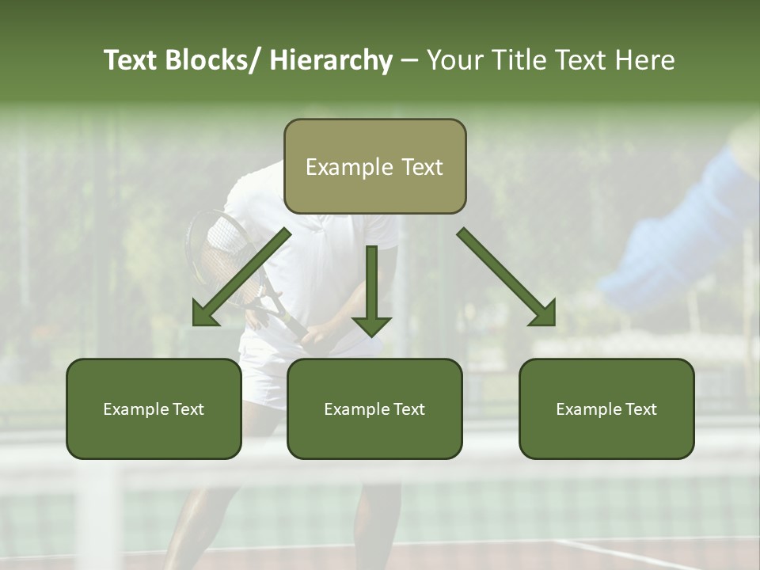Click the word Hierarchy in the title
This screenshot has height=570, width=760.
pos(331,60)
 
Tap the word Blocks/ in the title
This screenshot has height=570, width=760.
pos(213,60)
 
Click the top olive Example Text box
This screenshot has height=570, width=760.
pos(374,166)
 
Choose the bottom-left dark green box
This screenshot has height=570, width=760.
pos(154,408)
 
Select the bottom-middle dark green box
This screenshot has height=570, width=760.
pos(374,408)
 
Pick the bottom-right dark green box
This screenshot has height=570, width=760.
pos(606,408)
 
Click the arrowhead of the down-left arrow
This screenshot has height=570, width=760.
pos(204,314)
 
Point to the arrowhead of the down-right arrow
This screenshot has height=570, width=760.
pos(544,313)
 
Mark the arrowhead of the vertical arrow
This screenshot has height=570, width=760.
pos(371,325)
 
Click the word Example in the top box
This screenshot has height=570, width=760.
pos(338,167)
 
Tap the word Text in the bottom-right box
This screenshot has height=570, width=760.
pos(641,409)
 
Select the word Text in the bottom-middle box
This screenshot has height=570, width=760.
pos(409,409)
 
